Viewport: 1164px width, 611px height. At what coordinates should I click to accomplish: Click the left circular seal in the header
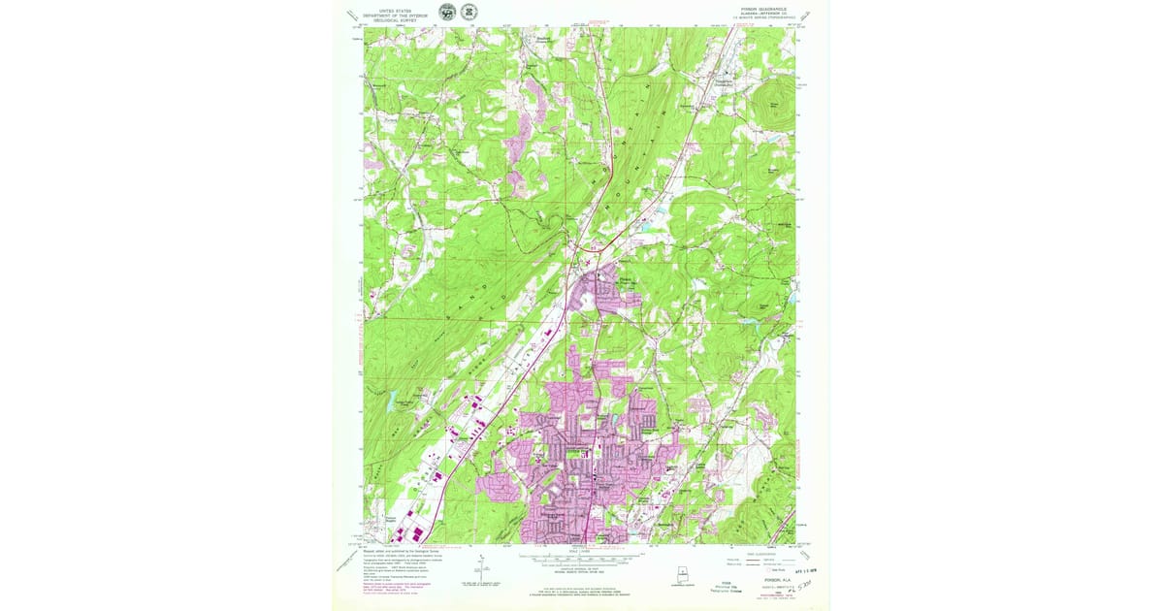(x=446, y=12)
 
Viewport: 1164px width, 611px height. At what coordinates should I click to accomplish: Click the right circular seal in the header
(x=471, y=12)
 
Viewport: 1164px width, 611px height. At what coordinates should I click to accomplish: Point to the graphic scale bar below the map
(x=580, y=559)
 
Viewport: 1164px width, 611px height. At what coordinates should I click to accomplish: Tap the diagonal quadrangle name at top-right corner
(x=808, y=16)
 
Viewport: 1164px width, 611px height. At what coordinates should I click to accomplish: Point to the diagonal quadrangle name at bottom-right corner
(x=807, y=548)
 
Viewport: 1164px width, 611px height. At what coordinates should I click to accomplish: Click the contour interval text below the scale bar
(x=580, y=571)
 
